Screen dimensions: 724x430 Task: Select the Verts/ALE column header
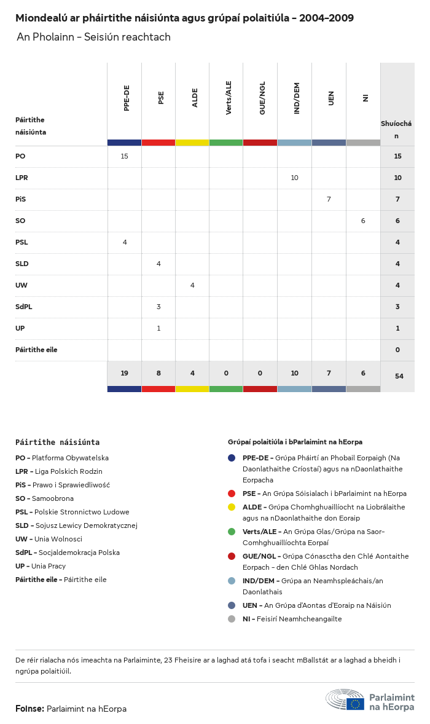click(229, 98)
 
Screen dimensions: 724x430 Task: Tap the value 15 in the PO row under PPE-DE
click(125, 156)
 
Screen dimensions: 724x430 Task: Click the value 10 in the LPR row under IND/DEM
click(294, 178)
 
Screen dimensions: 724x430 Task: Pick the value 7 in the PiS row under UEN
click(329, 199)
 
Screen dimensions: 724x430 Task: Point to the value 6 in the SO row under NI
click(363, 221)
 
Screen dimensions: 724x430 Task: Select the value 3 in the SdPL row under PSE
click(158, 307)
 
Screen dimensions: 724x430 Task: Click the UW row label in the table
click(21, 285)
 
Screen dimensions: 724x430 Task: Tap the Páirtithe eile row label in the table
click(36, 350)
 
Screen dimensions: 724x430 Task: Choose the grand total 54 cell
click(399, 376)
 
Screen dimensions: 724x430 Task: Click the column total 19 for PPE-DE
click(125, 373)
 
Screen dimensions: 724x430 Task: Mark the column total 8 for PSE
click(158, 373)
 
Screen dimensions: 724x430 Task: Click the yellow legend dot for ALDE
click(232, 507)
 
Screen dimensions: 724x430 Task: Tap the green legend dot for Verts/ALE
click(232, 532)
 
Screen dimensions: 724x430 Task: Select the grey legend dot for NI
click(232, 619)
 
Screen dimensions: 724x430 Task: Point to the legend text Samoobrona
click(53, 498)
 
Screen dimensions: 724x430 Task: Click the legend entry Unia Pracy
click(49, 566)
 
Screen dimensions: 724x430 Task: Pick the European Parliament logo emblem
click(345, 700)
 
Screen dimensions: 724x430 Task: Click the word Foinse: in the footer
click(29, 709)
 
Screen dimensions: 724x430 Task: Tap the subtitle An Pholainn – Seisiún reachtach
click(93, 37)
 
